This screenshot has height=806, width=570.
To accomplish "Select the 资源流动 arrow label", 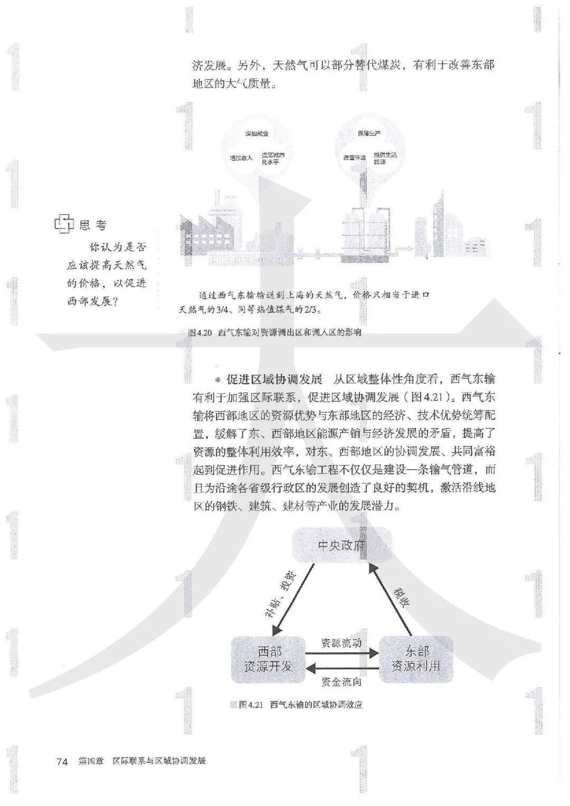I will point(341,643).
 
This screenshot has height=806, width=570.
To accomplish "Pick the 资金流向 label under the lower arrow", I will point(341,682).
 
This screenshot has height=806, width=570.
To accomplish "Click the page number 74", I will point(62,761).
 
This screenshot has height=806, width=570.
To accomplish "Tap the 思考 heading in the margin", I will point(93,225).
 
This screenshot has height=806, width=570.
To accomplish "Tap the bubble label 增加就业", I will point(256,135).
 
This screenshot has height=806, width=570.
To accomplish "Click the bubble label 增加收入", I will point(241,158).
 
